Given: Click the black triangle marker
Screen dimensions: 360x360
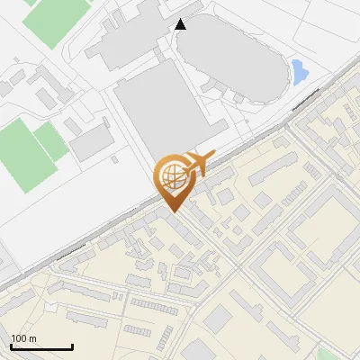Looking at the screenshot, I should [x=181, y=24].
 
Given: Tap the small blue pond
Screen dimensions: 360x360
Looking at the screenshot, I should [x=299, y=71].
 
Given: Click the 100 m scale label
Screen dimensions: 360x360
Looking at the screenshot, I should [x=23, y=339].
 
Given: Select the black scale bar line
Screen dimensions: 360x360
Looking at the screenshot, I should [x=41, y=347].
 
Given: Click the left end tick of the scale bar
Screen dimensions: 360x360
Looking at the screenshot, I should [x=12, y=346].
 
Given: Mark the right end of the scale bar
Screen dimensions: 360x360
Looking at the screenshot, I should [x=72, y=346].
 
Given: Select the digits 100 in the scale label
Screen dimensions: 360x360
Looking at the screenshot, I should [x=19, y=339].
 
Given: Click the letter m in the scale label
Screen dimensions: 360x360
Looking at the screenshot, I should [x=31, y=339].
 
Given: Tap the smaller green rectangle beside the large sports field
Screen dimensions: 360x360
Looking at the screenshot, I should [x=52, y=141].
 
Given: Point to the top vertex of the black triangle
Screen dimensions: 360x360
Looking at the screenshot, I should [x=181, y=19].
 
